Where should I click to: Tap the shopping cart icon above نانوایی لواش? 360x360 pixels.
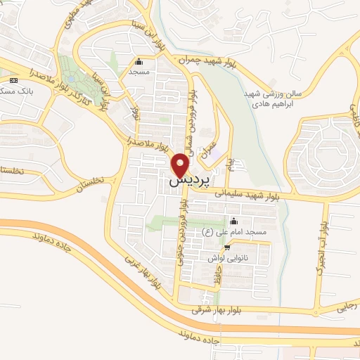click(x=226, y=247)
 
